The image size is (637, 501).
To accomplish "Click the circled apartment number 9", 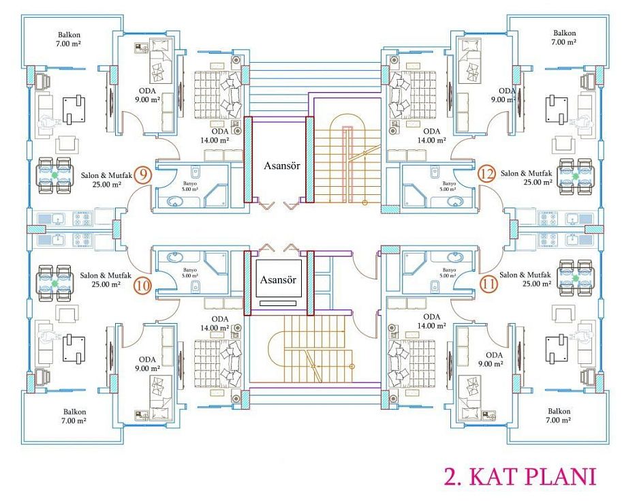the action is point(142,174).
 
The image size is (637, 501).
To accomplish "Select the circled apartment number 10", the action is point(142,285).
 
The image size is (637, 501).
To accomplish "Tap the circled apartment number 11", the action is point(488,284).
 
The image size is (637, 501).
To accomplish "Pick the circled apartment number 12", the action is point(486,174).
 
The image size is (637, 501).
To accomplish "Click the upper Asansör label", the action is point(282,166).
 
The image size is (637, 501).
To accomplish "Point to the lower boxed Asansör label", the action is point(278,279).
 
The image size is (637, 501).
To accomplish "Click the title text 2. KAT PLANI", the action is point(520,476).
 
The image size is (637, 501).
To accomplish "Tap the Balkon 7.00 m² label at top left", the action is point(69,39).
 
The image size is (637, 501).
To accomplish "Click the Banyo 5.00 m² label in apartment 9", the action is point(189,186).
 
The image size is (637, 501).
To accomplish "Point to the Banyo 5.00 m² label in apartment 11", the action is point(449,273).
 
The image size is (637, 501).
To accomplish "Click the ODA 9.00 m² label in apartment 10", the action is point(147,364).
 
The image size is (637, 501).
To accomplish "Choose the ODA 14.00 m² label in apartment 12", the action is point(431,136).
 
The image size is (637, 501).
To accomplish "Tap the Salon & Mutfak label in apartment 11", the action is point(525,275).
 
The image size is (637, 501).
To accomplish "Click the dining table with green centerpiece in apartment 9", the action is point(55,175).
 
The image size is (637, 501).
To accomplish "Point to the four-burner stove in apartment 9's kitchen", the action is point(82,219).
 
